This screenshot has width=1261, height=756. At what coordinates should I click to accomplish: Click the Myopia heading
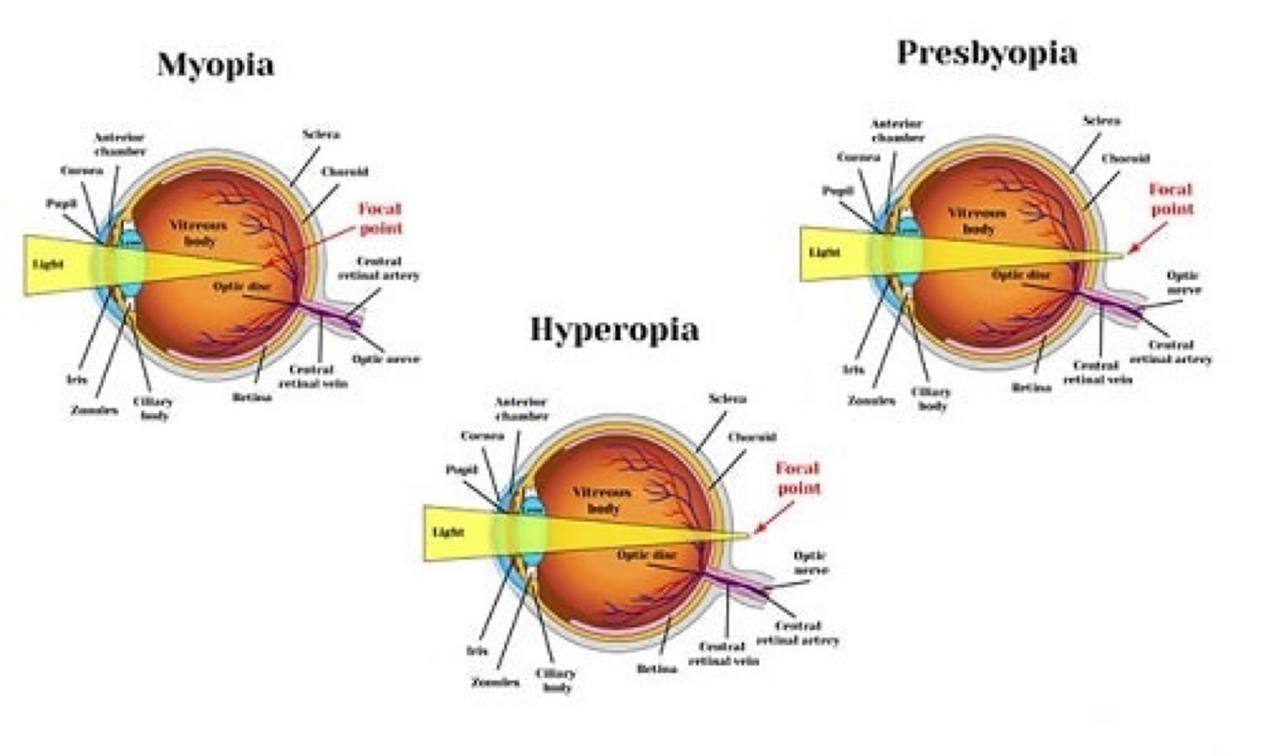click(216, 65)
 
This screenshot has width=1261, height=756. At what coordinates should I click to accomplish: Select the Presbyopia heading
click(986, 53)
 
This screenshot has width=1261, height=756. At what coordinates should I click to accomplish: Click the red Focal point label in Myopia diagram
click(380, 217)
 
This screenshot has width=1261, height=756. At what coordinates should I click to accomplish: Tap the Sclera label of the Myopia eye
click(321, 134)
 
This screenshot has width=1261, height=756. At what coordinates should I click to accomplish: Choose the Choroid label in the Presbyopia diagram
click(1125, 158)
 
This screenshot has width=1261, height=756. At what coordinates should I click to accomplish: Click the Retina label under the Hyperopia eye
click(656, 668)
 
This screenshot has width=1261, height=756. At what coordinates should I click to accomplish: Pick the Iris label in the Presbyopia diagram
click(853, 370)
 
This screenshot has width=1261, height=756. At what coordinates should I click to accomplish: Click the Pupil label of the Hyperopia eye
click(461, 470)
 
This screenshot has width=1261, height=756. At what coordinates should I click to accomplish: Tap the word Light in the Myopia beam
click(49, 265)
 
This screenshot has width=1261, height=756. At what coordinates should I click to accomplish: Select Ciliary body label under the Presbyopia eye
click(932, 398)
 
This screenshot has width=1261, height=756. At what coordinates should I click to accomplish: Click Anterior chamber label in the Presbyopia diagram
click(896, 129)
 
